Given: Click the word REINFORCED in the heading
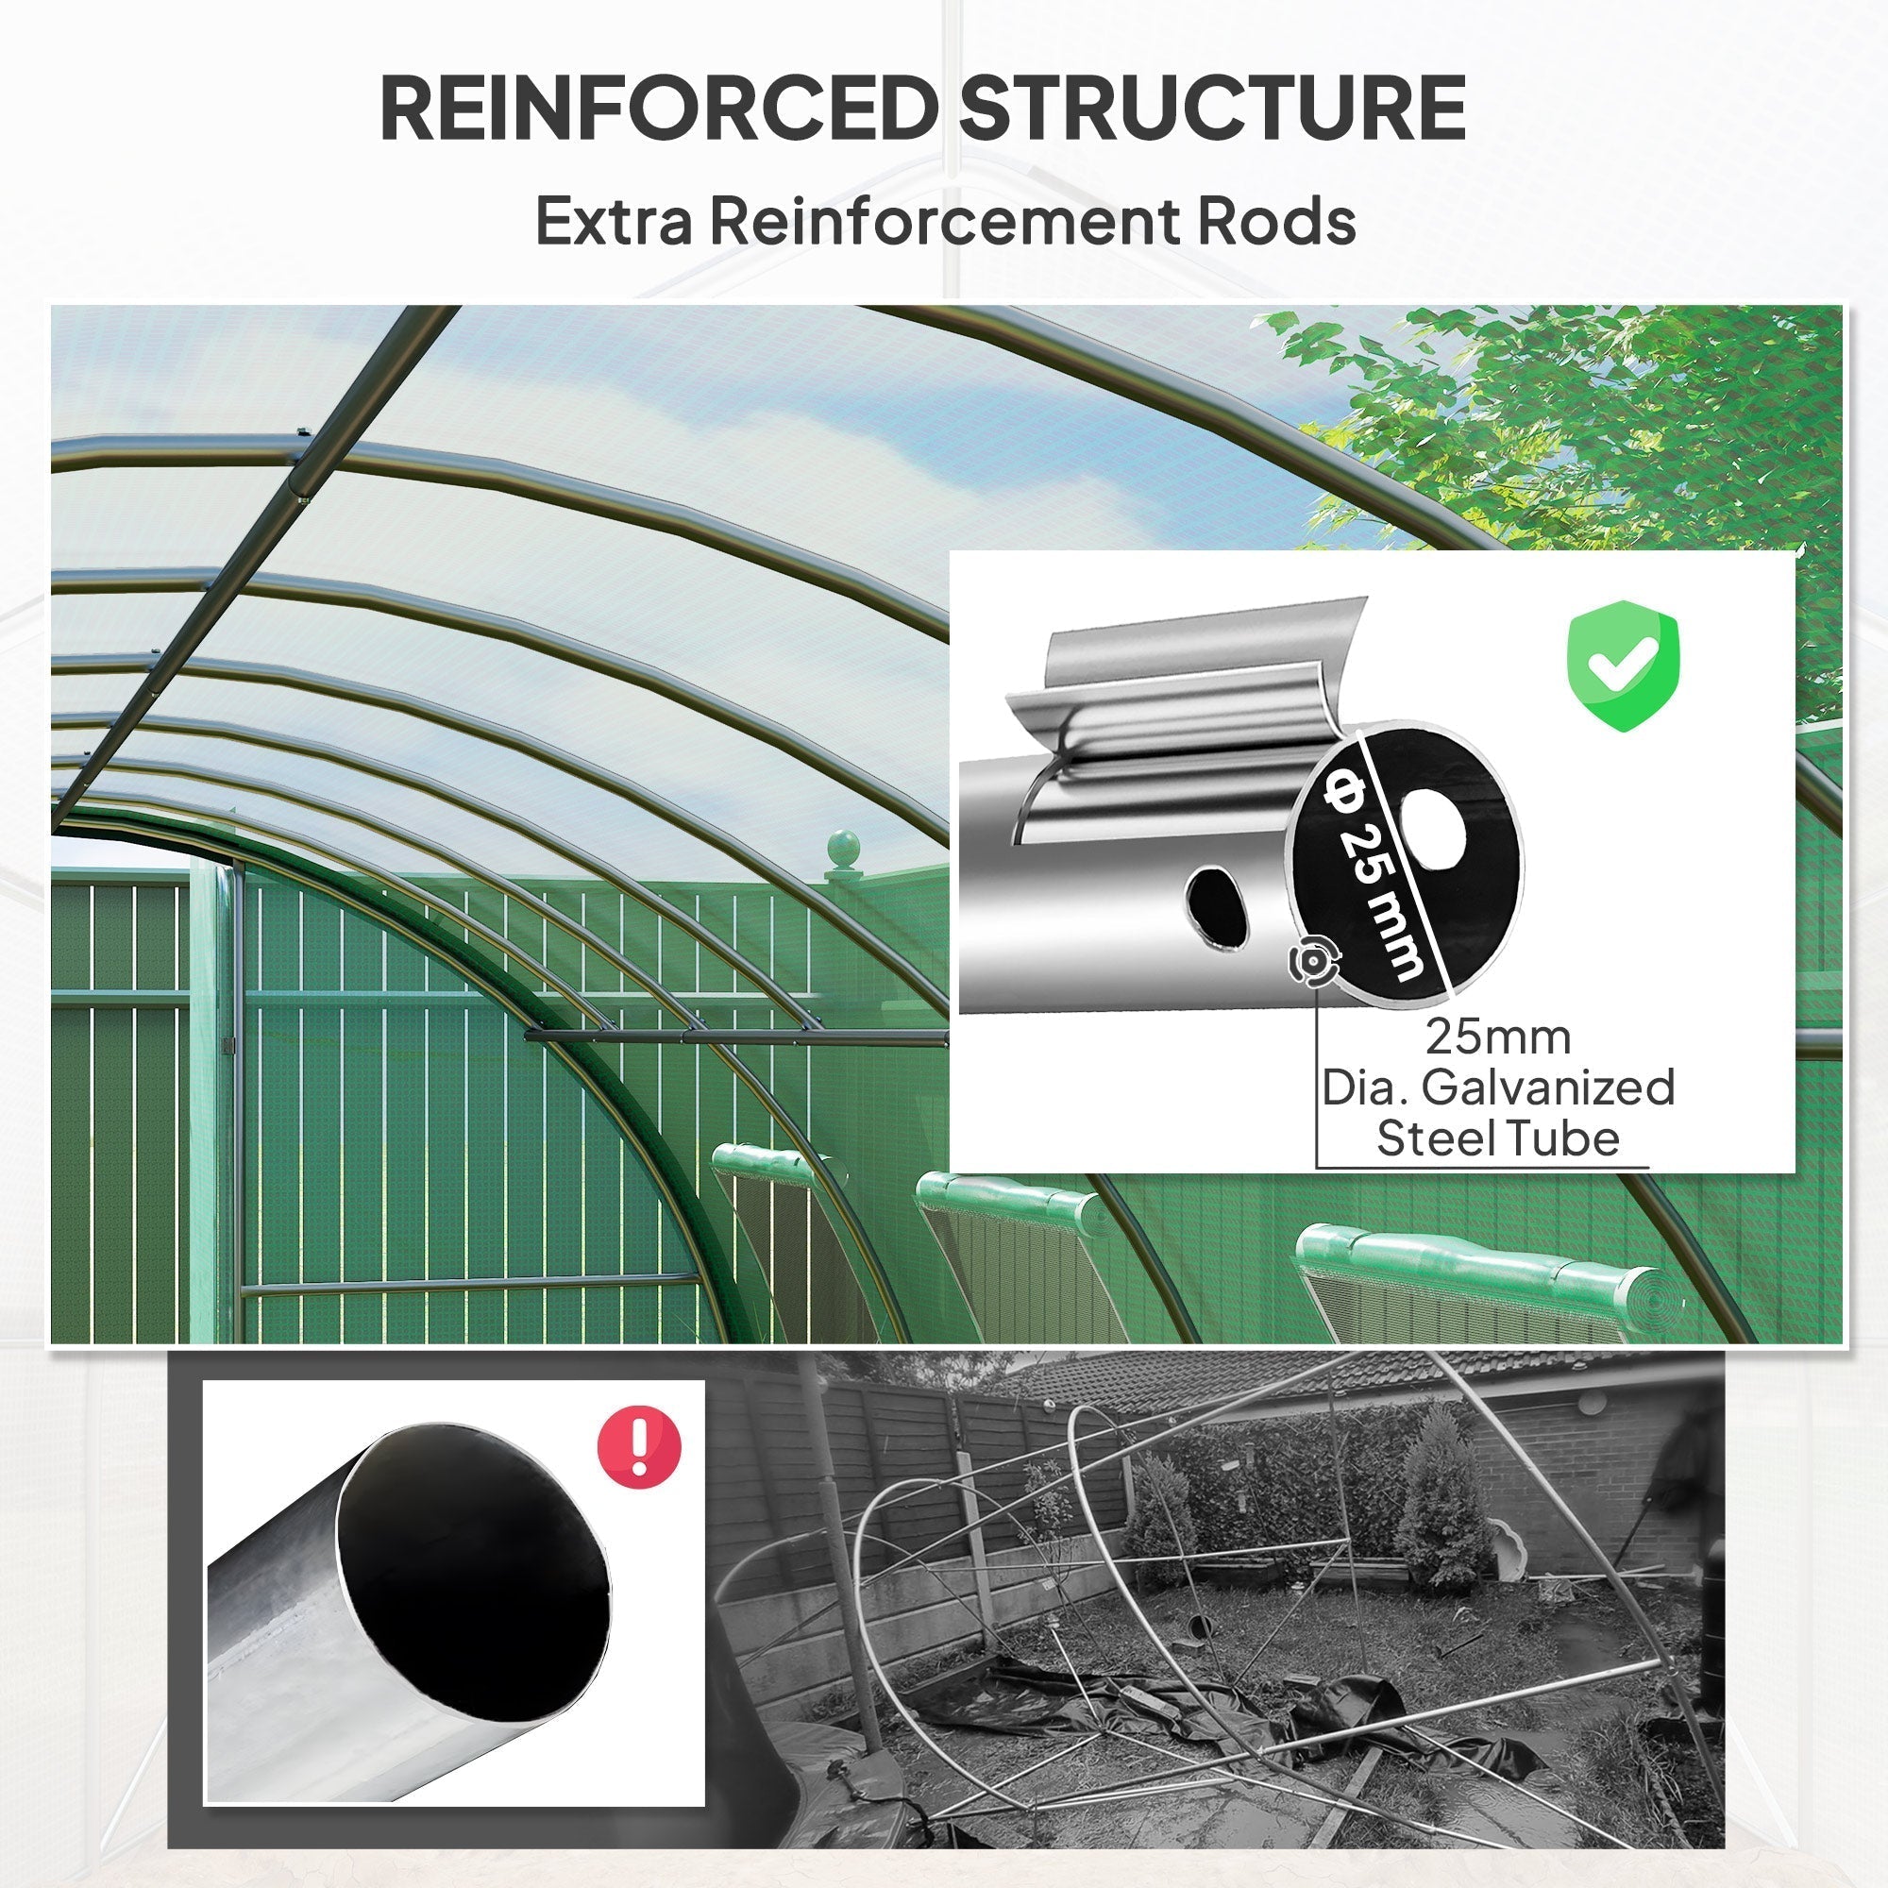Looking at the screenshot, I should (657, 108).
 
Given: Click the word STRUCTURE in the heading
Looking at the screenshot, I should (1211, 108).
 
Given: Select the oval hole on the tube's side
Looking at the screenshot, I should (1218, 907).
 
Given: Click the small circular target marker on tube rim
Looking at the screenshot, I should (1310, 962).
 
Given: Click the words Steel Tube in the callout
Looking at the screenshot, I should (1497, 1138).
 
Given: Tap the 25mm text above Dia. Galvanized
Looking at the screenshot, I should (1497, 1037).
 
